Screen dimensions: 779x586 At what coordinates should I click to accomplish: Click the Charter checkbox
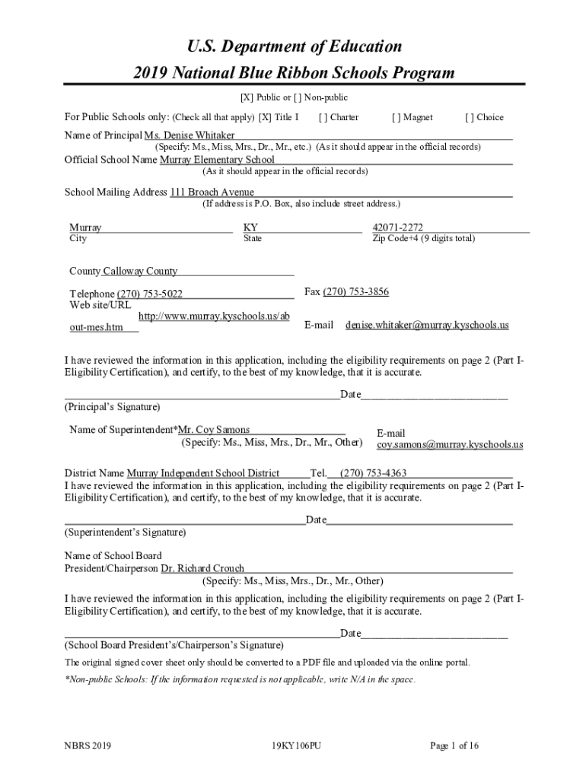[323, 117]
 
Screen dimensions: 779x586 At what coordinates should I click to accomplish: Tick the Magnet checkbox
[396, 117]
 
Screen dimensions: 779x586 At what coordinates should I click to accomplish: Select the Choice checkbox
[469, 117]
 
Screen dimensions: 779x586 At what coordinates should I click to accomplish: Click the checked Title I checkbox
[265, 117]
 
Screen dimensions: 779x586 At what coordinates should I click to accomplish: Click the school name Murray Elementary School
[217, 160]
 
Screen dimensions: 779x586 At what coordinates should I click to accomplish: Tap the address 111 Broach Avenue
[212, 192]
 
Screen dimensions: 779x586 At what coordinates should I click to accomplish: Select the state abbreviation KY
[250, 227]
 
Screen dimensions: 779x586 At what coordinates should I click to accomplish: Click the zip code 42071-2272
[397, 227]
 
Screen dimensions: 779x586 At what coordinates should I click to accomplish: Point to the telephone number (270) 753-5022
[149, 294]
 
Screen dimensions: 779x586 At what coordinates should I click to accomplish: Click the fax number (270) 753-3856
[356, 291]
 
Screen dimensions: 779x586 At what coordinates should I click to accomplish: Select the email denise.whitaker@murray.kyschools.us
[427, 325]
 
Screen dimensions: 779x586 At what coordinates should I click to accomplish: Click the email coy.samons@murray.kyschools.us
[450, 444]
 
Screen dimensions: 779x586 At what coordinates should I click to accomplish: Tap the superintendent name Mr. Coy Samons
[214, 430]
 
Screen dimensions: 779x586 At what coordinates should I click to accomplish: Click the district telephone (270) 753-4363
[373, 473]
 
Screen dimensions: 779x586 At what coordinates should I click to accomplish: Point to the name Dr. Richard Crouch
[202, 568]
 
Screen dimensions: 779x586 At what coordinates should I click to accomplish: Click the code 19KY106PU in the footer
[295, 746]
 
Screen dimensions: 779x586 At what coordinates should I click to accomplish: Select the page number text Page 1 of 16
[454, 746]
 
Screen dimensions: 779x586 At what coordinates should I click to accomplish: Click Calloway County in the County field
[140, 272]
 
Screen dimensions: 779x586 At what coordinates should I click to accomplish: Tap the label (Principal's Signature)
[113, 407]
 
